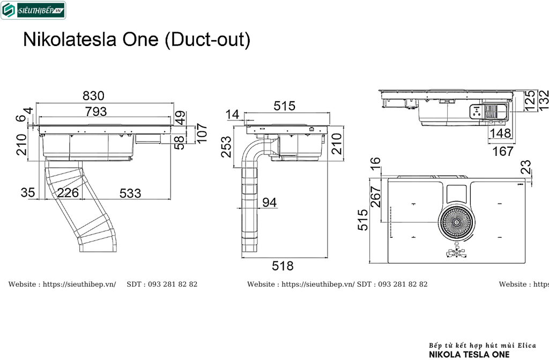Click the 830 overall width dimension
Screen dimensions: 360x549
93,96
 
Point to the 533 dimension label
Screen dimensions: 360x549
130,193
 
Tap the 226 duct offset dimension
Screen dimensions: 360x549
68,193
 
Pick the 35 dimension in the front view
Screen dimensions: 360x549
28,193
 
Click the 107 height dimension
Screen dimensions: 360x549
201,133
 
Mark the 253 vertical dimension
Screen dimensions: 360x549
227,147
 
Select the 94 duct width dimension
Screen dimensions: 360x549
270,202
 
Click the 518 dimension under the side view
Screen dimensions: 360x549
283,266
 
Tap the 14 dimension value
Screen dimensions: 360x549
232,114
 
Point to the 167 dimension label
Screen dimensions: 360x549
502,152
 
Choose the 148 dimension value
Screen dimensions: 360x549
499,133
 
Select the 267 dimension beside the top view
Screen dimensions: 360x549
375,197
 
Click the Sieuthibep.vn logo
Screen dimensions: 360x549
33,10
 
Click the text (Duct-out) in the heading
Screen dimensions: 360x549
207,40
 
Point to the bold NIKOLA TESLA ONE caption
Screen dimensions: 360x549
470,354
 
